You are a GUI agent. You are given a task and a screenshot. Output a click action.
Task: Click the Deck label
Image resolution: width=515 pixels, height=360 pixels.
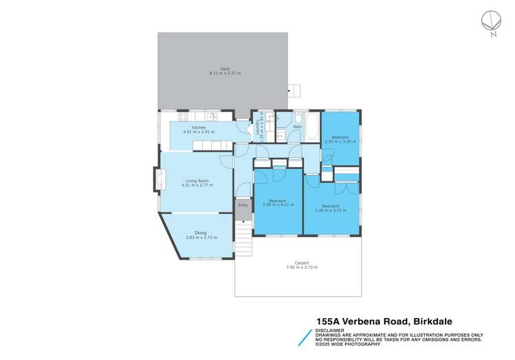point(225,68)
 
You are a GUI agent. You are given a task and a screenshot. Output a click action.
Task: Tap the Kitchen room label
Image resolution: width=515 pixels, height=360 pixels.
point(198,128)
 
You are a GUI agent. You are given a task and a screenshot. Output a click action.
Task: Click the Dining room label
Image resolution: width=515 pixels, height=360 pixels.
point(201,233)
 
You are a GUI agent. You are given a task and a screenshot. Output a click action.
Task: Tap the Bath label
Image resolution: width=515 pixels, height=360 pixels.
point(297,127)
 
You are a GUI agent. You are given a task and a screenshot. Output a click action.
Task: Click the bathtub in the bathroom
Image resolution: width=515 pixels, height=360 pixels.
point(312,127)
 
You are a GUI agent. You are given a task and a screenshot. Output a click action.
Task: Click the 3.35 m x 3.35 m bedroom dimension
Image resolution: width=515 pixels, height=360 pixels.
point(340,142)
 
